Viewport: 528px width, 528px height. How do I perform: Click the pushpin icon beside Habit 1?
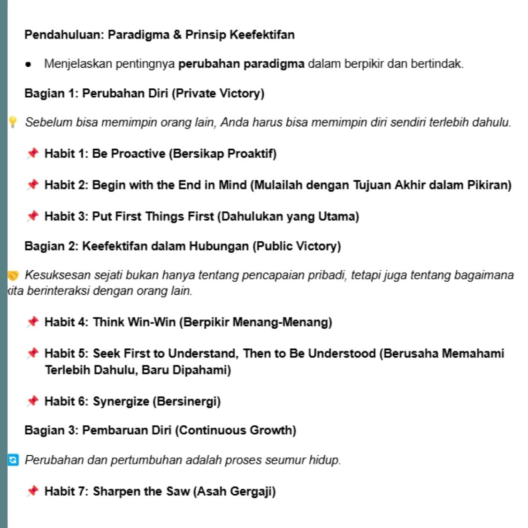[32, 153]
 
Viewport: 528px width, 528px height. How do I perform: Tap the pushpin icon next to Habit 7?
[32, 491]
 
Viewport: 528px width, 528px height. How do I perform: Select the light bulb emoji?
[13, 122]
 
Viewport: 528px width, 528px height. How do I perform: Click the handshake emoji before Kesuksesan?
[13, 275]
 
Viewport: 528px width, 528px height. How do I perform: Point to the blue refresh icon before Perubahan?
[13, 460]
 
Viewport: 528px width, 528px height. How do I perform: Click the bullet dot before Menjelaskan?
[28, 64]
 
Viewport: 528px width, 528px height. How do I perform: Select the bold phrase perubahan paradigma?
[241, 64]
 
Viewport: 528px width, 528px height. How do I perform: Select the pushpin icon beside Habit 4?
[32, 322]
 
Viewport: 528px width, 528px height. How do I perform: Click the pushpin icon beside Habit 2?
[32, 185]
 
